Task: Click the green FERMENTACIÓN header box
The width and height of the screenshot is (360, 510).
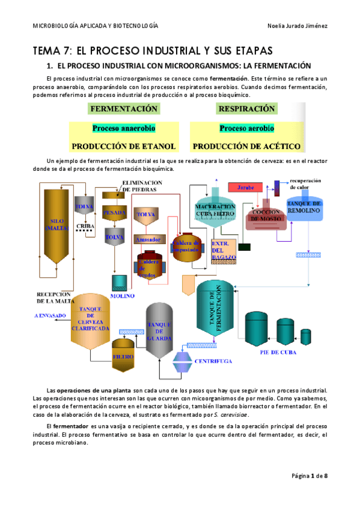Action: [124, 109]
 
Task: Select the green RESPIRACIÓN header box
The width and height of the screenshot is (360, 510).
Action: [247, 109]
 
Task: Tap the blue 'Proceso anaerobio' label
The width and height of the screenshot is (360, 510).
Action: [124, 128]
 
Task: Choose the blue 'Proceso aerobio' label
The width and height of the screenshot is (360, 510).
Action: [247, 128]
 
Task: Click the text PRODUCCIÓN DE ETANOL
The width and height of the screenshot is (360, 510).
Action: [124, 146]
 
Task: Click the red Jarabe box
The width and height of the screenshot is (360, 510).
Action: [246, 188]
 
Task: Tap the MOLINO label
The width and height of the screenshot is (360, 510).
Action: [123, 295]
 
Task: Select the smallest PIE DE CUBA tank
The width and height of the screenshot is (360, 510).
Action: [307, 335]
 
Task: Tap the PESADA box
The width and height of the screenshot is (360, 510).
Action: [114, 212]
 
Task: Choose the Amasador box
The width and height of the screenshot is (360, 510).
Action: [147, 239]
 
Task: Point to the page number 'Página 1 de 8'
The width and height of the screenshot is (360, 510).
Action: [309, 476]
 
